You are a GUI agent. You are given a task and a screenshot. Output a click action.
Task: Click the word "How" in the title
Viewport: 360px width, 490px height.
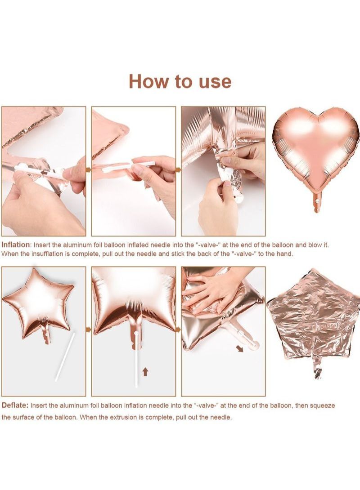pos(148,81)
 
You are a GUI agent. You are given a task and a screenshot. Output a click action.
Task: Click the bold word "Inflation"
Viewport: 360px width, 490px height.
pos(16,245)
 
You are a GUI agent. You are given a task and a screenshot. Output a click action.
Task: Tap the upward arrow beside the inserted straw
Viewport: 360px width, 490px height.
pos(144,372)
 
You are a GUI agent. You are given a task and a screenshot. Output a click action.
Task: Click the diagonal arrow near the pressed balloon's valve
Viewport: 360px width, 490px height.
pos(240,349)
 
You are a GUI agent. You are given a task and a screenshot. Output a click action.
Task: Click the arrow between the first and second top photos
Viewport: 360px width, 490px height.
pos(88,170)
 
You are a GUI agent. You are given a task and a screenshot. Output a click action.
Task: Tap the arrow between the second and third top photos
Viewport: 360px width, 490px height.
pos(178,170)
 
